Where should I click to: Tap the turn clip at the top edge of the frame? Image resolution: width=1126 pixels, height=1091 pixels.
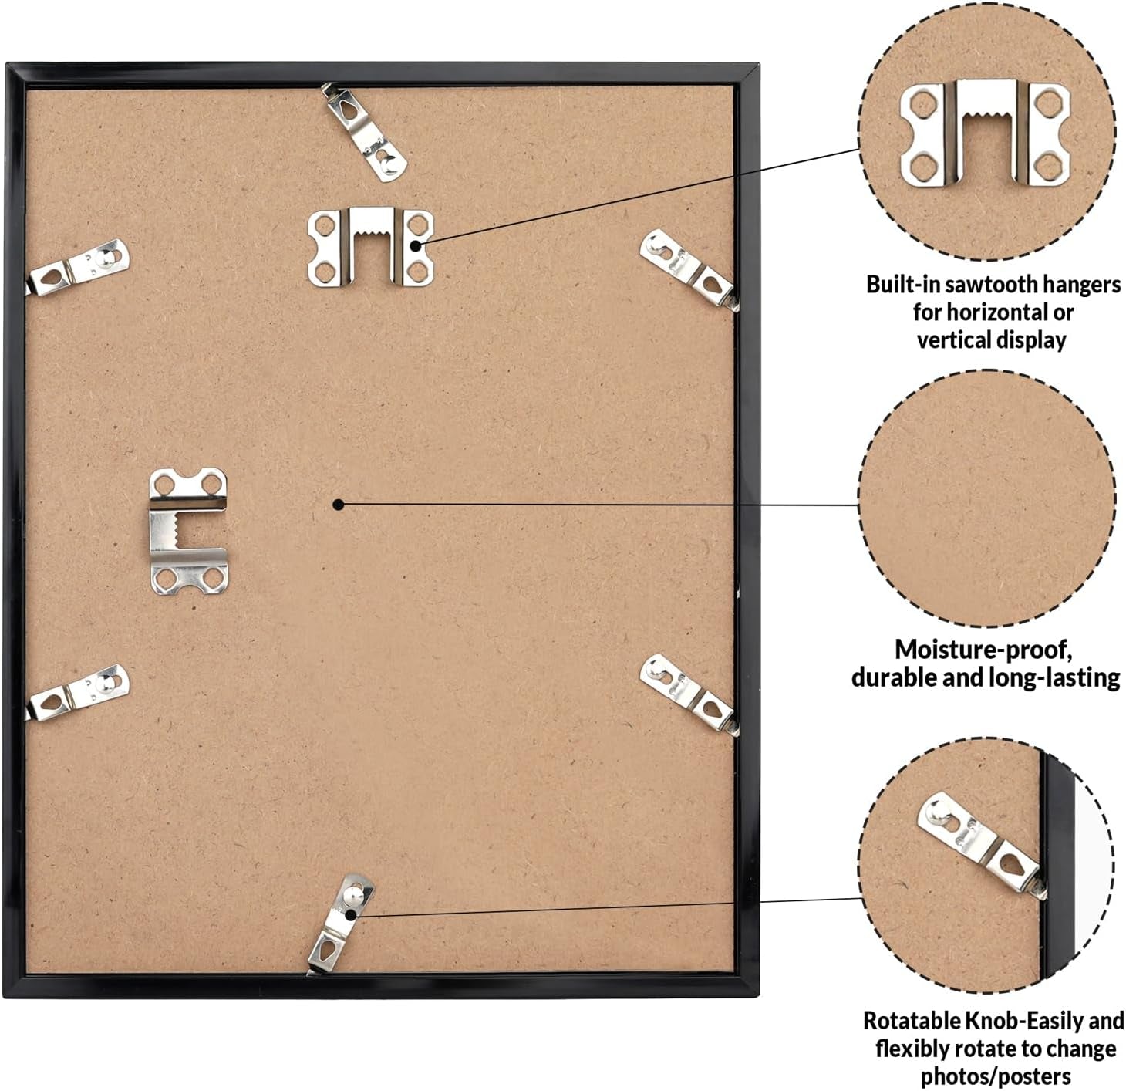365,132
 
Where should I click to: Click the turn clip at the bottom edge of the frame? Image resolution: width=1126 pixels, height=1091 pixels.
342,924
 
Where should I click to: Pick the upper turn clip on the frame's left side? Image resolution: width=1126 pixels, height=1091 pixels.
77,268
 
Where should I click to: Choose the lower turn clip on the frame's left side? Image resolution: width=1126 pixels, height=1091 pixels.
77,693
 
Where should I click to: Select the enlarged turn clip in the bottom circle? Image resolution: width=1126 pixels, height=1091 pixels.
981,845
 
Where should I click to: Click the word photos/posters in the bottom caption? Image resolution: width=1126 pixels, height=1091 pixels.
996,1077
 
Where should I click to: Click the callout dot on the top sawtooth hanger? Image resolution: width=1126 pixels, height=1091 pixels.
416,246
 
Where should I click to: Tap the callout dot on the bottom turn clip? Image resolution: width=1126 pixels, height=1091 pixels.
351,915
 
